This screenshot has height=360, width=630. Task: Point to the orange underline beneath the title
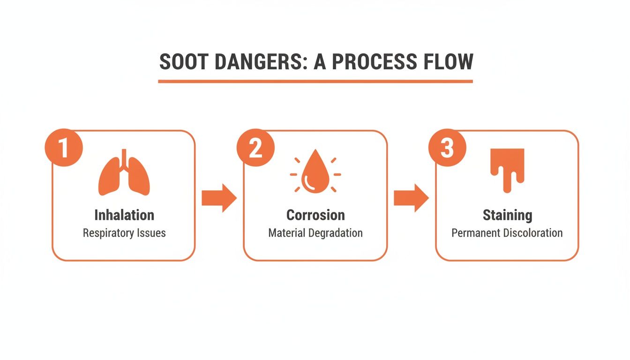click(315, 82)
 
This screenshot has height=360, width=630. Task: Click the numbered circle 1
click(64, 148)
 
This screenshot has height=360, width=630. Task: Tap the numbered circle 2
click(255, 148)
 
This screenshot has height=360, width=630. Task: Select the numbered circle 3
click(448, 148)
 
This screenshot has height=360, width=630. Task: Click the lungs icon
click(124, 173)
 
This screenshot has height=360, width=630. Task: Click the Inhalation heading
click(124, 215)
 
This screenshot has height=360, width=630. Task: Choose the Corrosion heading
click(315, 215)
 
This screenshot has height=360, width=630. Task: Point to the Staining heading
click(507, 215)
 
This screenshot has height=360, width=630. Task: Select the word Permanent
click(474, 233)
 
